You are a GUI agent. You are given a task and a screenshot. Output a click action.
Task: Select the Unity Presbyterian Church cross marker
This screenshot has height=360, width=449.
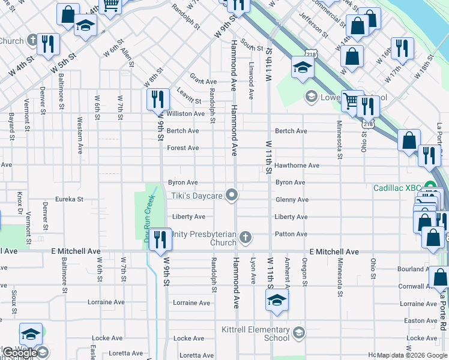click(245, 238)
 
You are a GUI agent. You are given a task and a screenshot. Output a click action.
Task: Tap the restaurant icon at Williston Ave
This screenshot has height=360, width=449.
click(157, 99)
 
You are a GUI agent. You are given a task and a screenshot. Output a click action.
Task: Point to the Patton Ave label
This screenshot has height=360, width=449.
click(291, 234)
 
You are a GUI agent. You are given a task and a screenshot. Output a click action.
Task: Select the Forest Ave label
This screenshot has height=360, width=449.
click(182, 148)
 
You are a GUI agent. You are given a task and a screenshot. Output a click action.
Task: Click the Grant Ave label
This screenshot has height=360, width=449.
click(203, 82)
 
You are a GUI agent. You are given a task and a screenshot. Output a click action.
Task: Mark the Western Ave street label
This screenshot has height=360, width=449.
click(79, 135)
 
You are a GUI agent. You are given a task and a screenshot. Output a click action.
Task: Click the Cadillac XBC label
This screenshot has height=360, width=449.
click(397, 187)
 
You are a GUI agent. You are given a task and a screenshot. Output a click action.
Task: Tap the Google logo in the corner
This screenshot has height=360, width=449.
click(19, 353)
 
